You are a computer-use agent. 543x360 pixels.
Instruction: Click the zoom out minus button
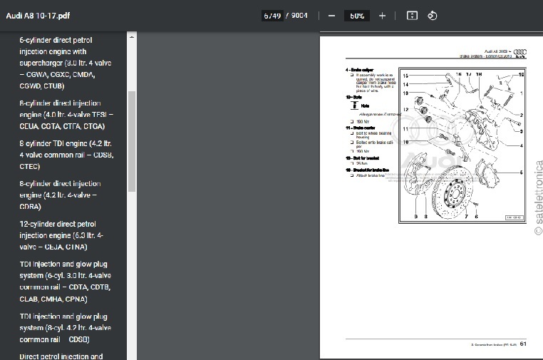331,15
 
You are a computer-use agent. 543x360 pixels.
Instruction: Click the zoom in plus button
382,15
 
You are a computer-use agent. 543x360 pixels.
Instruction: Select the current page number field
271,15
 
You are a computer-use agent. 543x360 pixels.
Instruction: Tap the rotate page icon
431,15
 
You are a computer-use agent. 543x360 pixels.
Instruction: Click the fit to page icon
411,15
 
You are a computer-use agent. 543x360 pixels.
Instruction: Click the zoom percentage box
357,15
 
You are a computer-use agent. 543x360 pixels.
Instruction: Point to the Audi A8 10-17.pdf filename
36,15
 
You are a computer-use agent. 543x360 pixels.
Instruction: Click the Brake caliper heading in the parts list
363,70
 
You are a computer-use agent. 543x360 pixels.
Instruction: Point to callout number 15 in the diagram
405,76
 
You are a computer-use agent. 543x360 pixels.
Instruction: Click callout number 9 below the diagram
416,216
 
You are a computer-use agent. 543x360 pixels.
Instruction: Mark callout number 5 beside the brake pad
521,173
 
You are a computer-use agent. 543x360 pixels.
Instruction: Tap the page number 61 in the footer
522,344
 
